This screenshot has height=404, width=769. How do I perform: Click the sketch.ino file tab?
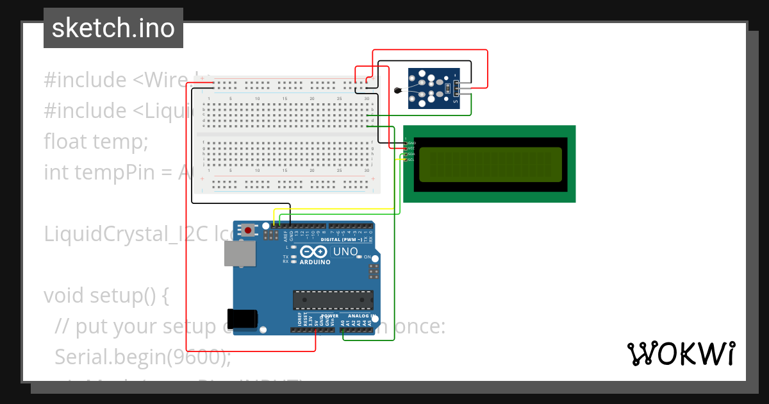(113, 28)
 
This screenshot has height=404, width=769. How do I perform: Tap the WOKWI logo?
(681, 353)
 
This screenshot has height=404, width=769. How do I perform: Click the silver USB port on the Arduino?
(240, 253)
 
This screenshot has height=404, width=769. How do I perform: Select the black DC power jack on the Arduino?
(244, 319)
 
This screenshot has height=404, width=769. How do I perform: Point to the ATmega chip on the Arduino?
(333, 299)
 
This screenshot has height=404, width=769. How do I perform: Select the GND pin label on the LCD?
(412, 142)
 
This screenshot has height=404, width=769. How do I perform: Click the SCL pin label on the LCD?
(411, 159)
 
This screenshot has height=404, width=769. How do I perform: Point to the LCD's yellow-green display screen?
(490, 164)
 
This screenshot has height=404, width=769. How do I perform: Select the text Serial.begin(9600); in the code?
(143, 357)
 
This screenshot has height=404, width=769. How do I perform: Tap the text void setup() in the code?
(106, 296)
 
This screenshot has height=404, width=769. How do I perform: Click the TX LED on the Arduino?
(294, 257)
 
